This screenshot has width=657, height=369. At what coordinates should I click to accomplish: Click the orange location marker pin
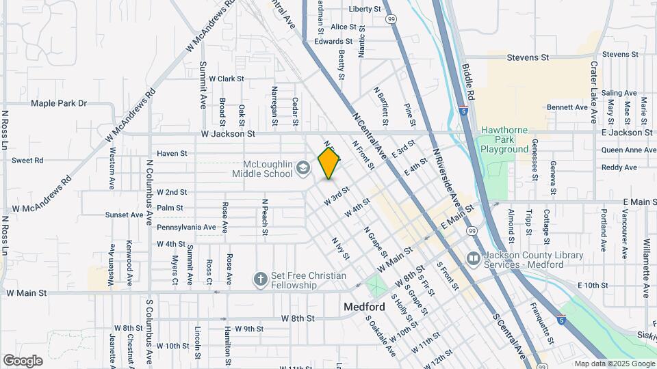pyautogui.click(x=329, y=163)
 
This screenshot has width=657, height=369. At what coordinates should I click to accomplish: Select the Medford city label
pyautogui.click(x=363, y=307)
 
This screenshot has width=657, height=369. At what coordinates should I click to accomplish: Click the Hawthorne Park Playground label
pyautogui.click(x=505, y=139)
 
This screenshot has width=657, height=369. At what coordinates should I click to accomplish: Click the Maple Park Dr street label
pyautogui.click(x=59, y=103)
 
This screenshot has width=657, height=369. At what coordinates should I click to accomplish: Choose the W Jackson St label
pyautogui.click(x=228, y=134)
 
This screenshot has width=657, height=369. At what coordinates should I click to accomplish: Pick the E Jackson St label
pyautogui.click(x=627, y=132)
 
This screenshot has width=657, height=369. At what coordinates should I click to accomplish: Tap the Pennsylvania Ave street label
pyautogui.click(x=187, y=227)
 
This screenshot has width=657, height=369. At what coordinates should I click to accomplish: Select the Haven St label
pyautogui.click(x=172, y=154)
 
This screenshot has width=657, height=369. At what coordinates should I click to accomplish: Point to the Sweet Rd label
pyautogui.click(x=27, y=161)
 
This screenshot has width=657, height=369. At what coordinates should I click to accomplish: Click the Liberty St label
pyautogui.click(x=365, y=9)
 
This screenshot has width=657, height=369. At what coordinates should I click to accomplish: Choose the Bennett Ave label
pyautogui.click(x=567, y=107)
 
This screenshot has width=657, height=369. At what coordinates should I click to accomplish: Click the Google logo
pyautogui.click(x=23, y=361)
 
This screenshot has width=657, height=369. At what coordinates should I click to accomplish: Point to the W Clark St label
pyautogui.click(x=227, y=79)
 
